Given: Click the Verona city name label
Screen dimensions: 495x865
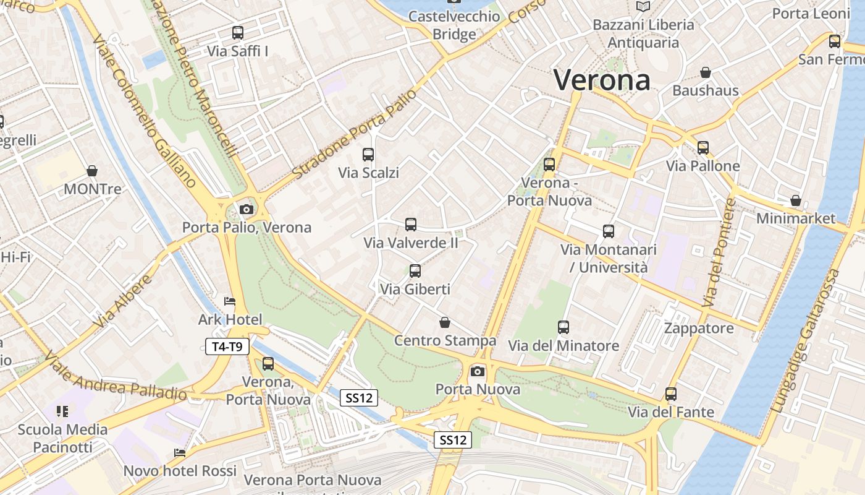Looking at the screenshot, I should [x=602, y=80].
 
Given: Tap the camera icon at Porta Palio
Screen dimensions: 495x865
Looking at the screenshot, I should [x=247, y=209].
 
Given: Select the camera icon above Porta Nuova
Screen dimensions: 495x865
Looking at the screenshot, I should [x=478, y=371].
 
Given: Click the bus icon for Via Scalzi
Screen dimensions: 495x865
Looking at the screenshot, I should [x=368, y=155].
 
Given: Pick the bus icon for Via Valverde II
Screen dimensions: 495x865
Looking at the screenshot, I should [x=411, y=225].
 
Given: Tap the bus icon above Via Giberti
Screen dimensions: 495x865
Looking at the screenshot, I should [x=415, y=271].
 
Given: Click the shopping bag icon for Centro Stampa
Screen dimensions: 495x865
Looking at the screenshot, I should [x=445, y=322].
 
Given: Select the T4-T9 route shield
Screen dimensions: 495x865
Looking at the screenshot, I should [x=227, y=346].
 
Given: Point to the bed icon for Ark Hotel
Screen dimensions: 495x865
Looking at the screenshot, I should [x=230, y=302].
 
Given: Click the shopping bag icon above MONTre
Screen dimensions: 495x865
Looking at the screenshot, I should [x=92, y=171].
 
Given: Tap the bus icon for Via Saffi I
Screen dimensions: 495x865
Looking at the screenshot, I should [x=238, y=33].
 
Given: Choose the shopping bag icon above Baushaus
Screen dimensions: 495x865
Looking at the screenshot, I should [x=706, y=73].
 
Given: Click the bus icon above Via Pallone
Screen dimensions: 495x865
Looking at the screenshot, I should [x=703, y=148].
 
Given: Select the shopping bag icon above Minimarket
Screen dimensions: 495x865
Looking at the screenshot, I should [x=796, y=200].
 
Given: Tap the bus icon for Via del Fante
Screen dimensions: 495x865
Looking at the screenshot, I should [x=671, y=394].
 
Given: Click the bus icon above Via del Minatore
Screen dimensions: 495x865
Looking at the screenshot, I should [x=563, y=327].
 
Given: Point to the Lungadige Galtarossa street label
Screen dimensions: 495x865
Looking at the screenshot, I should [x=807, y=341].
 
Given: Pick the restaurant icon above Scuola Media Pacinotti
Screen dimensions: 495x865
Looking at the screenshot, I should [x=62, y=411].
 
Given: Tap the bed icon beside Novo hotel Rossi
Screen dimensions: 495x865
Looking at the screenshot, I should [x=180, y=454].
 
